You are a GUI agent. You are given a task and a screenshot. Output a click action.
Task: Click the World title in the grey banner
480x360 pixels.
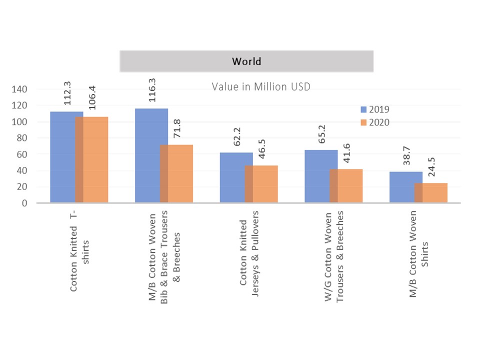246,61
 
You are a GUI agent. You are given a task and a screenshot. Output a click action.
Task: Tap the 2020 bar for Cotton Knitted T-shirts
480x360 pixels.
95,159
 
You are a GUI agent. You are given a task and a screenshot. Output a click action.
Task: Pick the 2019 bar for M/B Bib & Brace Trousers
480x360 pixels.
147,155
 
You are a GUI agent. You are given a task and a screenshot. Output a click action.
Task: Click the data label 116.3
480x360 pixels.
151,90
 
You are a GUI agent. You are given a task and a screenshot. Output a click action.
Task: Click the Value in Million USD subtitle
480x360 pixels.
261,87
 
